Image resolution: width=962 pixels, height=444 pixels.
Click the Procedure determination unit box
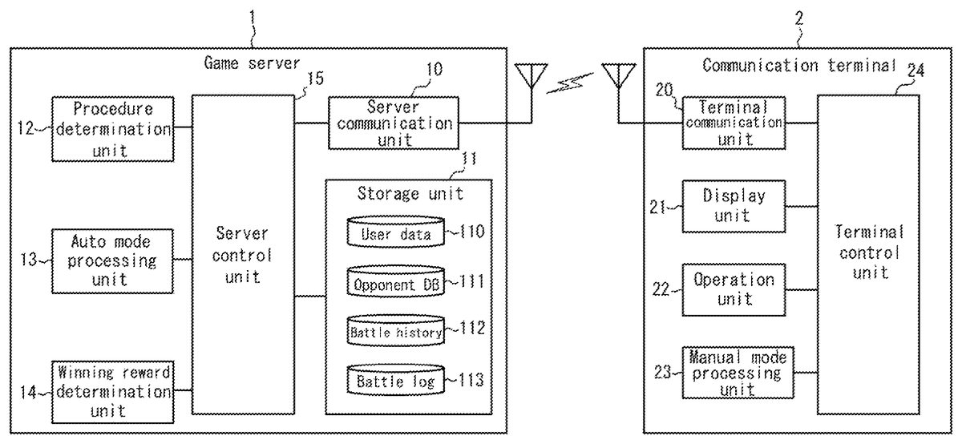(113, 127)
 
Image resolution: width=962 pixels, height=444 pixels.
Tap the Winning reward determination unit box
(113, 391)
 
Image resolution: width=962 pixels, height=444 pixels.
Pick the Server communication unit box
(394, 123)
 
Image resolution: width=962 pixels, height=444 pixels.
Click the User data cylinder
(396, 233)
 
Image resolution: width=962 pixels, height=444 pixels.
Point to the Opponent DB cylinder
(396, 281)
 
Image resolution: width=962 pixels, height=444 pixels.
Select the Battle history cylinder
(396, 331)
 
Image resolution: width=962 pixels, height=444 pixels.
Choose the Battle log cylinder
(396, 380)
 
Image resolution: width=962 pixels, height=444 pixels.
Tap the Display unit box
(733, 205)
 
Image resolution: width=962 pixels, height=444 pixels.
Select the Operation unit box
(733, 289)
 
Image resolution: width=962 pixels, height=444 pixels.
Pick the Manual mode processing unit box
(733, 372)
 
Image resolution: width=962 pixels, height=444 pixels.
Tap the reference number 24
(914, 70)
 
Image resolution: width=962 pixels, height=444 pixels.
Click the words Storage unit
(410, 193)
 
